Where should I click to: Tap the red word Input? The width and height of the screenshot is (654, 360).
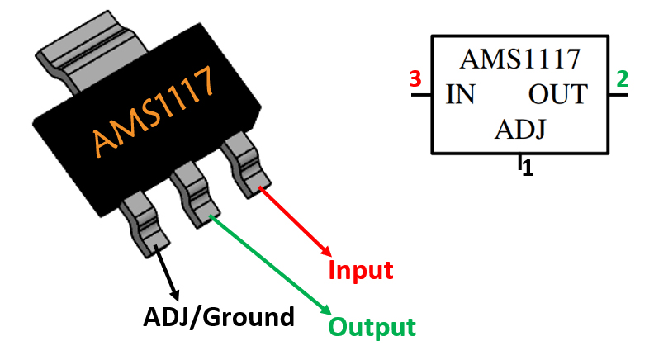pos(360,270)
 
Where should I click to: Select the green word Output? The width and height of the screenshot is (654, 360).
pos(372,327)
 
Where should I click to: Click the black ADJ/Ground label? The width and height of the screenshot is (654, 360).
pos(219,316)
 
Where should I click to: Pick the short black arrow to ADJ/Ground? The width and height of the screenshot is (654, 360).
pos(168,273)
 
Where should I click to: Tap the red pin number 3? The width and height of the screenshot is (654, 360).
pos(415,80)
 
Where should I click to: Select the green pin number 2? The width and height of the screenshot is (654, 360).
pos(622,80)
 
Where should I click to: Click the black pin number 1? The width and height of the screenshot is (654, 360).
pos(528,169)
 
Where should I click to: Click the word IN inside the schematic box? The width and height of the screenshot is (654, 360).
pos(460,95)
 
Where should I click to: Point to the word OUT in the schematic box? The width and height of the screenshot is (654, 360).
pos(557,95)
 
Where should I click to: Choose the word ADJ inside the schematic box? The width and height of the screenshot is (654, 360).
pos(522,130)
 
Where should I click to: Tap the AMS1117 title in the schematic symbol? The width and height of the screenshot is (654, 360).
pos(519,59)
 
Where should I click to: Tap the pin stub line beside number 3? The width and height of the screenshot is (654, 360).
pos(420,95)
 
